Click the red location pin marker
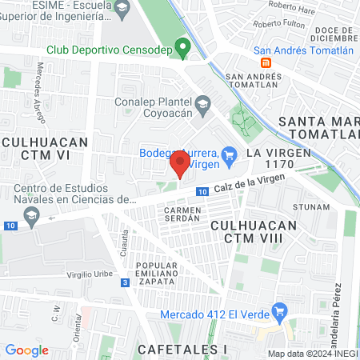[179, 165]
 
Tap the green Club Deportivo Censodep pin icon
[182, 48]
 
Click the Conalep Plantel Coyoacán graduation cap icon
[203, 103]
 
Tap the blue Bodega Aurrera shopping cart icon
[229, 154]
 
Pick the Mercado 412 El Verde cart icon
[278, 310]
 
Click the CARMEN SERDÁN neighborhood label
[182, 214]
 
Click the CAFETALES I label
[182, 349]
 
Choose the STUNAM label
[311, 206]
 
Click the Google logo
[26, 350]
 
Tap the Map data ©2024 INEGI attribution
[311, 354]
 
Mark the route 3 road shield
[125, 282]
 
